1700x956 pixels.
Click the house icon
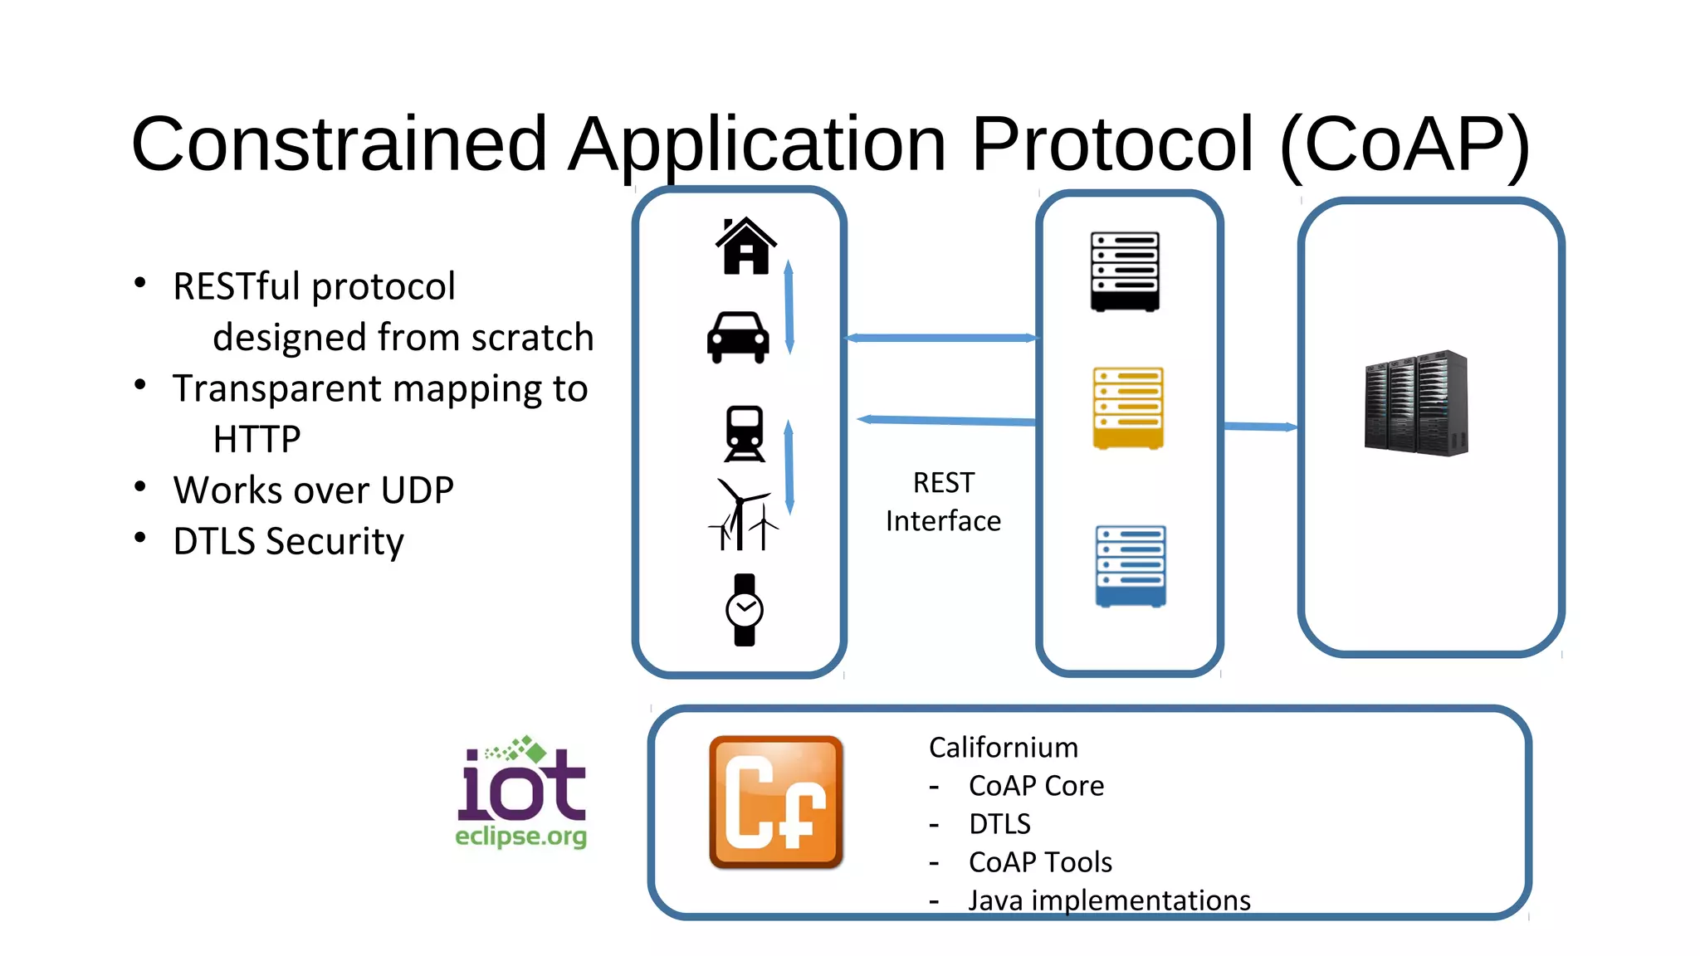745,246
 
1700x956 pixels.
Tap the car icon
738,337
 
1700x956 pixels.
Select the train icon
745,433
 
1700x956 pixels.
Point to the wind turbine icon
743,515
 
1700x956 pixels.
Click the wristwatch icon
745,610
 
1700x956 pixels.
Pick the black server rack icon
1125,271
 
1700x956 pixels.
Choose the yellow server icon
1128,408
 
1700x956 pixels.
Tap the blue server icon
1131,566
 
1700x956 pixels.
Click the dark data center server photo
1416,403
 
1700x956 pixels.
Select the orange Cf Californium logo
776,802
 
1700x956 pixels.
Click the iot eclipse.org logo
521,793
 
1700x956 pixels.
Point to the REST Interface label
943,502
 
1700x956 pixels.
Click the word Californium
1003,748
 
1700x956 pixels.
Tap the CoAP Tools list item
1039,862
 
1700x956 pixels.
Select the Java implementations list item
1109,900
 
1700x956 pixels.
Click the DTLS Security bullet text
288,542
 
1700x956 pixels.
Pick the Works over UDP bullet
313,490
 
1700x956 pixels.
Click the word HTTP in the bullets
256,439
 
